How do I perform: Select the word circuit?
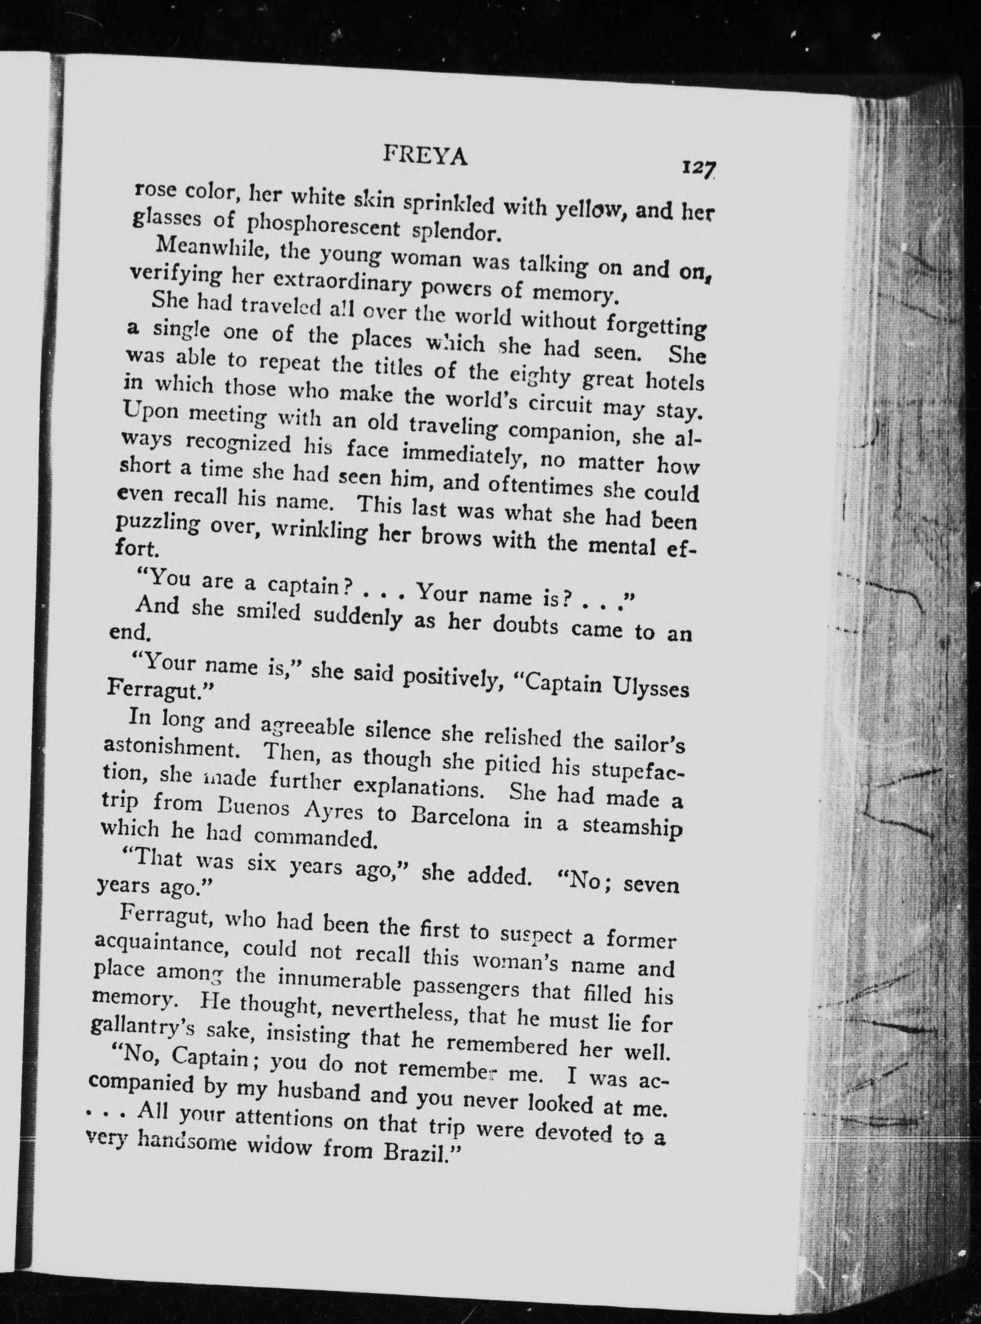tap(557, 402)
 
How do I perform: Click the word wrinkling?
tap(321, 532)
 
